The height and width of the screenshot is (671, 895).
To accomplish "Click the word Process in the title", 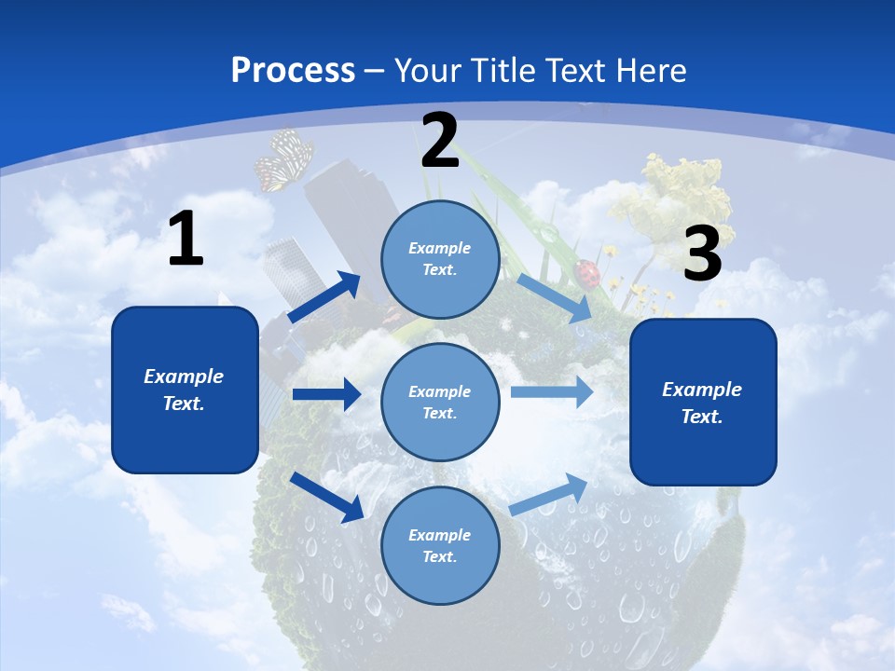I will coord(293,71).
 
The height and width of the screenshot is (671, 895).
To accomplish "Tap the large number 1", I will coord(186,240).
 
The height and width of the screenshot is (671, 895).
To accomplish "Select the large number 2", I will coord(440,141).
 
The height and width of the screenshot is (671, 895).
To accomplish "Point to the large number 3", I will coord(702,254).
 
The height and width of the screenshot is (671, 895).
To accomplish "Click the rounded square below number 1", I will coord(185,390).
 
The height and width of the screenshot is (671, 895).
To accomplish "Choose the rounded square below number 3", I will coord(703,402).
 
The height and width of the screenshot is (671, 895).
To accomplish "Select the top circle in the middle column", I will coord(440,259).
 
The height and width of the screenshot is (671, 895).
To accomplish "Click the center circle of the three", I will coord(440,402).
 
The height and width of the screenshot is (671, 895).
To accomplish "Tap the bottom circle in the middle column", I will coord(440,545).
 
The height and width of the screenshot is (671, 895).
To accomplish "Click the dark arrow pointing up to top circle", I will coord(325,297).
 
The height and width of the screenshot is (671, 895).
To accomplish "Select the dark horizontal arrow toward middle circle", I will coord(326,394).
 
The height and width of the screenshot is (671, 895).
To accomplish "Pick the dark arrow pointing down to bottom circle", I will coord(327,497).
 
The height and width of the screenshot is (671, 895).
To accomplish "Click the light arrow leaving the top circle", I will coord(555,297).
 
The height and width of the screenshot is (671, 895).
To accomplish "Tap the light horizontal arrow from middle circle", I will coord(552,391).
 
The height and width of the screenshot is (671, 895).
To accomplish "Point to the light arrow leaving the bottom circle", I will coord(549,494).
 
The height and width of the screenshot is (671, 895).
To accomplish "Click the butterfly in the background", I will coord(283,158).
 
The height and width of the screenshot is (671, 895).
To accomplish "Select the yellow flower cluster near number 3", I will coord(684,186).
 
